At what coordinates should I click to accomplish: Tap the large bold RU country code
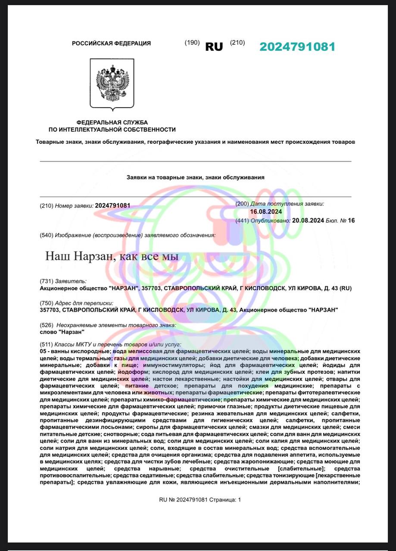point(214,47)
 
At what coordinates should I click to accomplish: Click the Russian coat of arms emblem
point(112,83)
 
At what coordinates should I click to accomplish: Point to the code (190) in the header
point(192,43)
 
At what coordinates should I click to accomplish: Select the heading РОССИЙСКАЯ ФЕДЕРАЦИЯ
point(111,43)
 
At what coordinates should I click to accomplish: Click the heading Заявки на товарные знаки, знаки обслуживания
point(196,177)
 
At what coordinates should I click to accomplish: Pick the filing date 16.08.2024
point(266,212)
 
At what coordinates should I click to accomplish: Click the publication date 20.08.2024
point(308,220)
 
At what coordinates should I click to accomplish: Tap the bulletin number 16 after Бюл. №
point(351,220)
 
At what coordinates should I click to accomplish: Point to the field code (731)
point(46,281)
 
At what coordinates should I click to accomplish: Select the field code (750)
point(46,303)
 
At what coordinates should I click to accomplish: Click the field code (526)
point(46,325)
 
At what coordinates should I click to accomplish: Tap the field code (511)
point(46,345)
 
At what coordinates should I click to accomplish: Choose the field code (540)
point(46,235)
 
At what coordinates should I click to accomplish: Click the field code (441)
point(242,220)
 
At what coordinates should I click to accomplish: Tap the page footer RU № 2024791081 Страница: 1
point(200,500)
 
